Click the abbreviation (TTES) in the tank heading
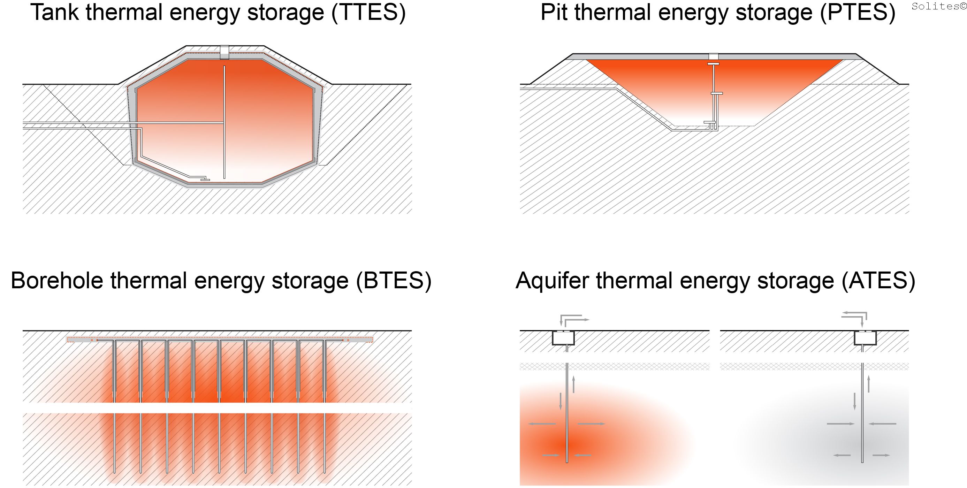(x=368, y=13)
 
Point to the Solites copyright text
(x=938, y=6)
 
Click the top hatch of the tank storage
(x=224, y=52)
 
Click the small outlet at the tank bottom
(x=205, y=180)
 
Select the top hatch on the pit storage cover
(x=713, y=57)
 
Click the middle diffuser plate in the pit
(x=717, y=93)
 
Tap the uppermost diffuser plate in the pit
(x=713, y=64)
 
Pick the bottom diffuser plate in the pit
(x=709, y=122)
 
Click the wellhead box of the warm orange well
(x=563, y=338)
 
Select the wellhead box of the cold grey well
(x=865, y=338)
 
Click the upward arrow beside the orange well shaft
(x=573, y=384)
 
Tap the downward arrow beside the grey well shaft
(x=855, y=401)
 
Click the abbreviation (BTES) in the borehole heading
(x=394, y=281)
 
